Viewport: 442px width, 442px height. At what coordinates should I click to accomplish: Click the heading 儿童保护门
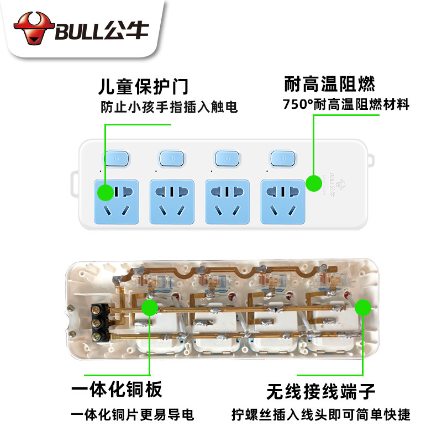(143, 87)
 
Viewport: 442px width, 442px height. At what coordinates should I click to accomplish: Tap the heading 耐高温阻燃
(329, 85)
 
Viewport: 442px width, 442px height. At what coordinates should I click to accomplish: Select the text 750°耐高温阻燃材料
(346, 104)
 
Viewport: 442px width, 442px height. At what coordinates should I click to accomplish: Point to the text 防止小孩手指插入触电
(169, 108)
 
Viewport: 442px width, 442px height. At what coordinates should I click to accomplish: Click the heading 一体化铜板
(117, 390)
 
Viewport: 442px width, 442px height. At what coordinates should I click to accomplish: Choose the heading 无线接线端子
(320, 392)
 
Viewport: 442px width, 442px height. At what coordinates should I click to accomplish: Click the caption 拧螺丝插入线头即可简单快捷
(321, 415)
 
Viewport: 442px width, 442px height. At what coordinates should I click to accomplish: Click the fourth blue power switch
(283, 159)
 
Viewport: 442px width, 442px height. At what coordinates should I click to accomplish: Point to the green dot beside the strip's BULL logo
(314, 183)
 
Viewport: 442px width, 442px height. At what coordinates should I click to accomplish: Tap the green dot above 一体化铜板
(150, 307)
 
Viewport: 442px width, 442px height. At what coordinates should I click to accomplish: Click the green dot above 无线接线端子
(362, 307)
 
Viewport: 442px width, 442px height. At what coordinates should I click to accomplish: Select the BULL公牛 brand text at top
(102, 30)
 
